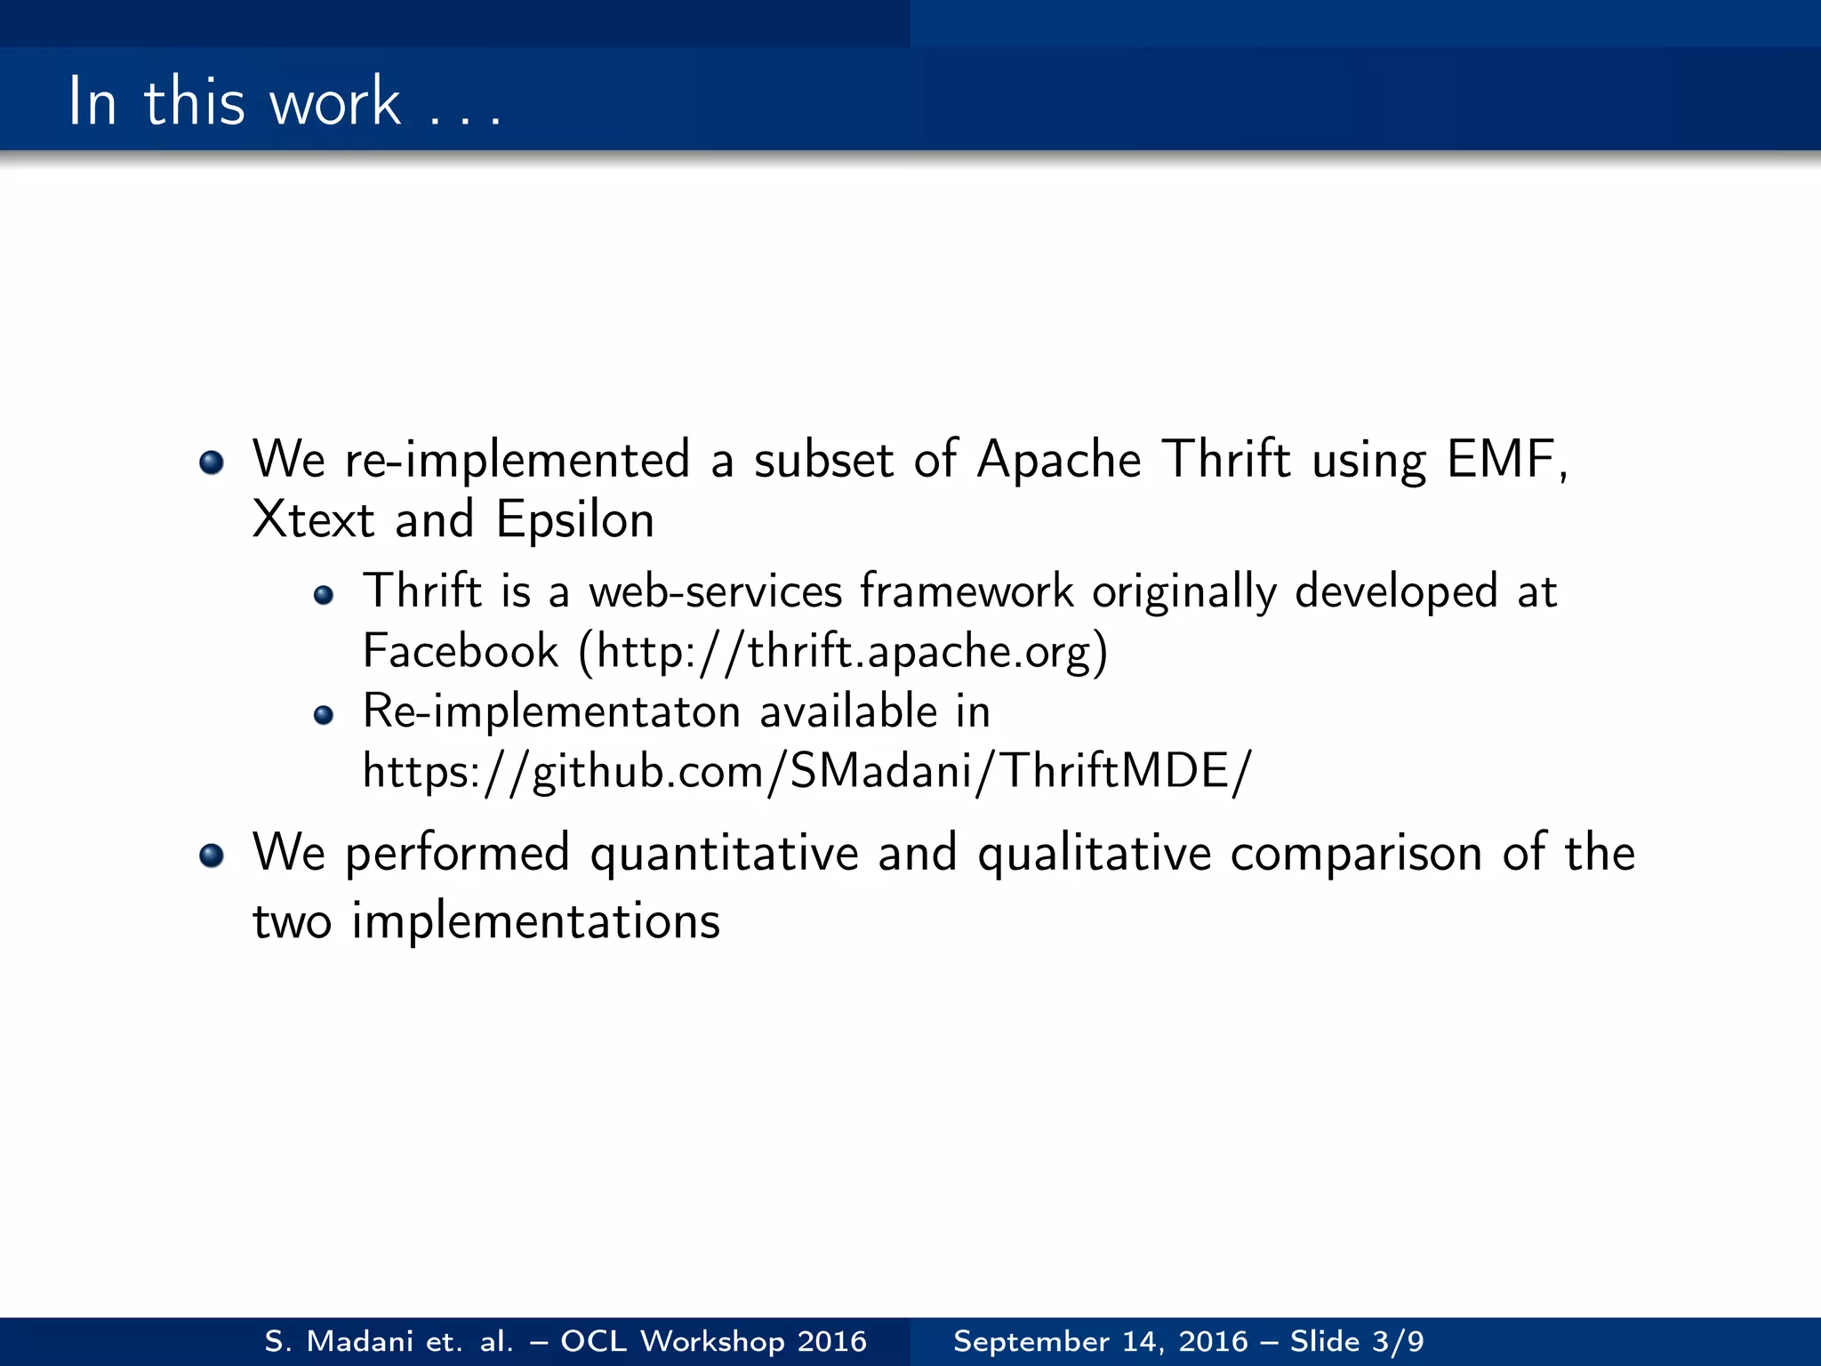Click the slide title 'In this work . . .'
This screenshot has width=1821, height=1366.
285,102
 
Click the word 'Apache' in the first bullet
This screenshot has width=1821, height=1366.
1058,460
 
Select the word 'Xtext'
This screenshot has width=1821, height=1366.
313,519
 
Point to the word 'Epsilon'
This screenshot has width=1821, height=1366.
575,519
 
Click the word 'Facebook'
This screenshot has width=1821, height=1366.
460,651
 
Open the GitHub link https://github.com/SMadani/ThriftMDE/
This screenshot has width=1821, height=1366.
806,771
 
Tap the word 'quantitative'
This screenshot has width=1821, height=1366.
725,854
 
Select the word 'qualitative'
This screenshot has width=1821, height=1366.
1095,854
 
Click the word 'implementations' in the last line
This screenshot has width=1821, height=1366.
535,921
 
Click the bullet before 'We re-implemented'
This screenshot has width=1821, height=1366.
212,462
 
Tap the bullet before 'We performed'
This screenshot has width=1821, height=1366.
212,856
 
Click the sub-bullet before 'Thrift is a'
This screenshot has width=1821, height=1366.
324,595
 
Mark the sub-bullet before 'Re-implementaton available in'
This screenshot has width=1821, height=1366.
324,715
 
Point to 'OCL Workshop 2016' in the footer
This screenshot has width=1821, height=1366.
713,1341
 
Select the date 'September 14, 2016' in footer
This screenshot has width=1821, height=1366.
1100,1341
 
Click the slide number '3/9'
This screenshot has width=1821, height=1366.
1398,1341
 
